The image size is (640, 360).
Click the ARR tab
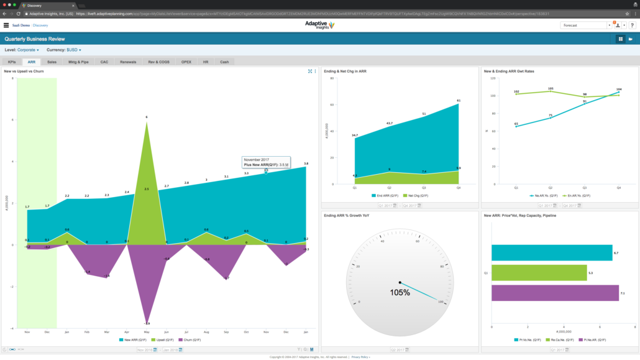click(32, 62)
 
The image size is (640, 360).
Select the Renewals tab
click(127, 62)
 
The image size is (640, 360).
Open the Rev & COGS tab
click(158, 62)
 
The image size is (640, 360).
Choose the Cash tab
click(224, 62)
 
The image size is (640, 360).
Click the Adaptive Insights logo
click(319, 25)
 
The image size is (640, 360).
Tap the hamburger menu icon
click(6, 25)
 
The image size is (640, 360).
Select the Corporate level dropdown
click(28, 50)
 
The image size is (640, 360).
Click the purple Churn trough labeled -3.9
click(147, 322)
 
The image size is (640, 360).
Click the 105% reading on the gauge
click(400, 292)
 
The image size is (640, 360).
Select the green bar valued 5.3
click(539, 272)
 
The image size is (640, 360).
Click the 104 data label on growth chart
click(618, 90)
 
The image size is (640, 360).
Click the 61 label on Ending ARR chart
click(458, 100)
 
